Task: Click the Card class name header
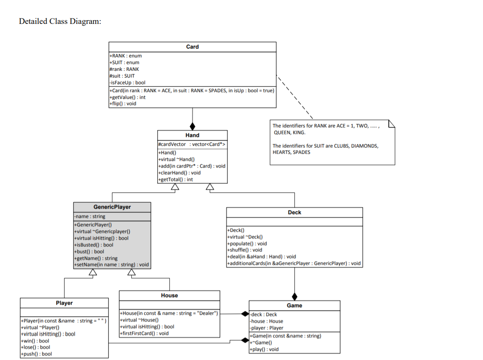[192, 47]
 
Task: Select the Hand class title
[192, 135]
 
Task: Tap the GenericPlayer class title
[112, 207]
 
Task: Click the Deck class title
[294, 212]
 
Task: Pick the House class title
[169, 295]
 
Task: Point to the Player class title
[64, 303]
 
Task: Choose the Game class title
[294, 306]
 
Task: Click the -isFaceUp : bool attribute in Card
[127, 83]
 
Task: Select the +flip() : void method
[122, 104]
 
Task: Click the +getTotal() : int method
[175, 179]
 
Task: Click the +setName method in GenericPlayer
[112, 265]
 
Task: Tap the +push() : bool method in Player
[36, 354]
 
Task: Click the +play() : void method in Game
[264, 349]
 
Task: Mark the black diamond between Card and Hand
[192, 126]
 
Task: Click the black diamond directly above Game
[294, 296]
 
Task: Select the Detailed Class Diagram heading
[60, 21]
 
